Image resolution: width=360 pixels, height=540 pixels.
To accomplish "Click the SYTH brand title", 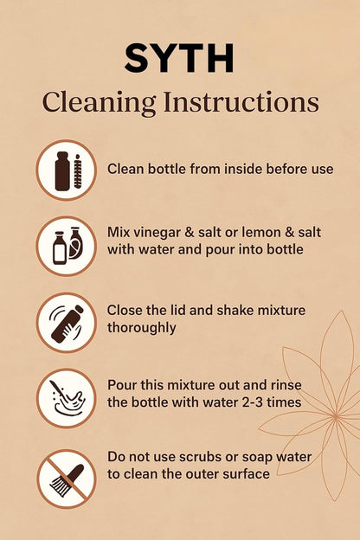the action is click(179, 59).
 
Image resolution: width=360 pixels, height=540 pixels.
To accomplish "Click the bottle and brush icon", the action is click(67, 170).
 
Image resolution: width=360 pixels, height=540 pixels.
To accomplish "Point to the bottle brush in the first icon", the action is click(78, 171).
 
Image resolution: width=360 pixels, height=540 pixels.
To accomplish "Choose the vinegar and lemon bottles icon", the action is click(67, 247).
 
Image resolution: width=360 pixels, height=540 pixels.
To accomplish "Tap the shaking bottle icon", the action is click(67, 323).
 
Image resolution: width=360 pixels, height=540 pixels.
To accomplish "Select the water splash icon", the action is click(67, 398).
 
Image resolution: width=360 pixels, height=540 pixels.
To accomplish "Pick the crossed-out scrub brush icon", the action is click(67, 479).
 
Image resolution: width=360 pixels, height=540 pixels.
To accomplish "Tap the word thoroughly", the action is click(142, 328).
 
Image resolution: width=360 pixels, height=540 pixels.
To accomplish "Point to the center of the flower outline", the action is click(336, 417).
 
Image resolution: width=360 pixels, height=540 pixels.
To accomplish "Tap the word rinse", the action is click(286, 385).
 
